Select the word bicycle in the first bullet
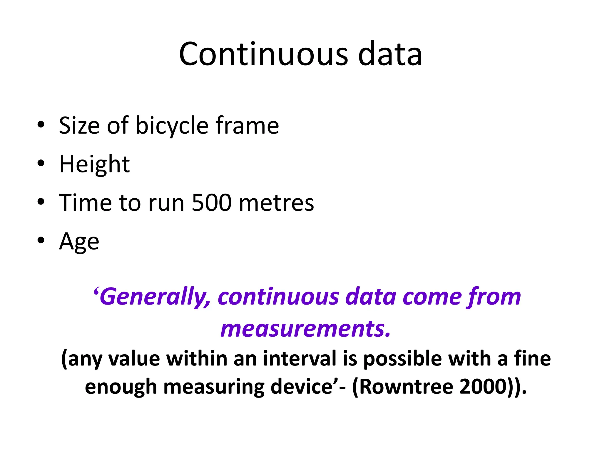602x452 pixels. tap(172, 126)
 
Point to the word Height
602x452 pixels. tap(94, 164)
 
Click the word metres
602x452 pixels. tap(276, 203)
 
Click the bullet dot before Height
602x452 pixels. tap(41, 163)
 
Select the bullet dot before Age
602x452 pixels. tap(41, 240)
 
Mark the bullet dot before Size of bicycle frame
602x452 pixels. tap(41, 124)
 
